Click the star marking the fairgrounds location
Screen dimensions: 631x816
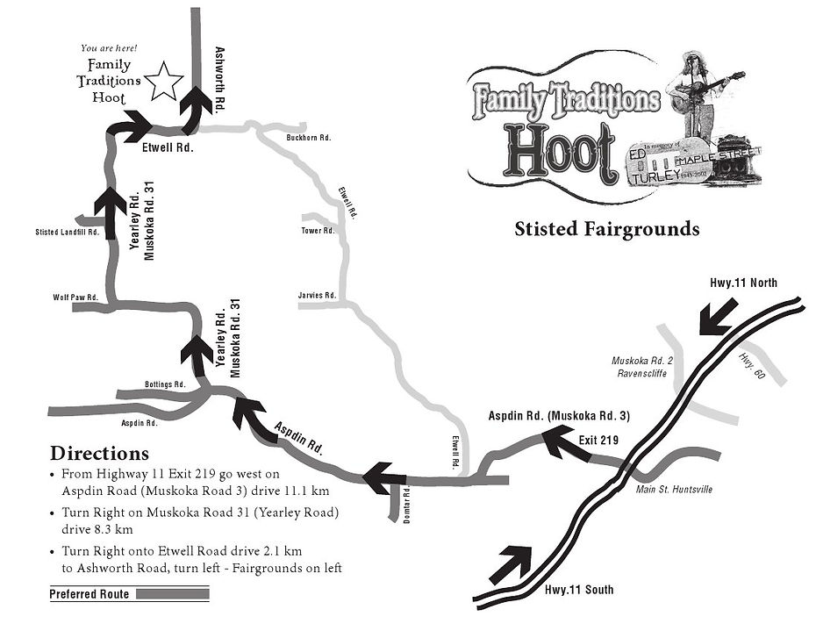coord(163,82)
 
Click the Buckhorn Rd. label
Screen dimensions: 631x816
coord(308,138)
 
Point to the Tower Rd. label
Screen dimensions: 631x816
coord(318,231)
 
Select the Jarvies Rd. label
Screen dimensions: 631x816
coord(318,296)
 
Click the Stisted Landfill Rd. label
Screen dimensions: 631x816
coord(66,233)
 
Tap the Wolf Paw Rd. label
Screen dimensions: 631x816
coord(75,298)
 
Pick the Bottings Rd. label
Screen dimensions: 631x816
coord(165,384)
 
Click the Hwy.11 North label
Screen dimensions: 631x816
coord(743,282)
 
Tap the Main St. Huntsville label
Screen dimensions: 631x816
coord(674,489)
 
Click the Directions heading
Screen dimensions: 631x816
coord(99,454)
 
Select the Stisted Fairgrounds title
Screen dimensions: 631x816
coord(606,229)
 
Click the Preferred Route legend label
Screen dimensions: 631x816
coord(89,594)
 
